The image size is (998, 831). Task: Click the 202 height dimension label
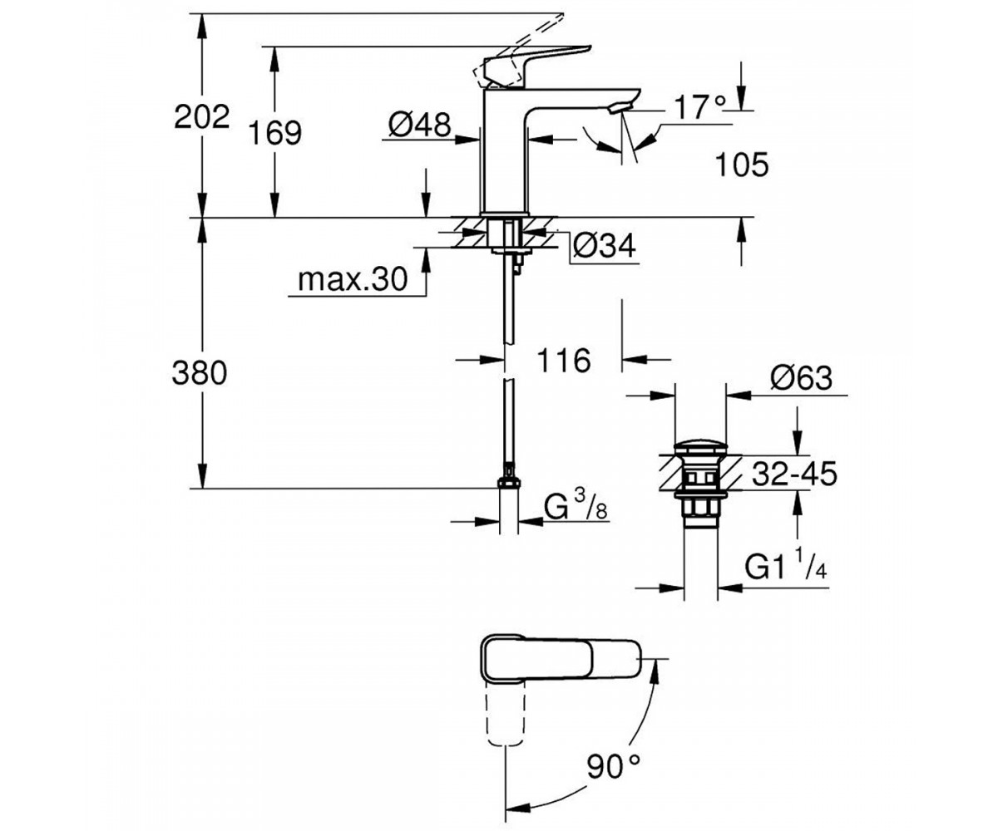pyautogui.click(x=202, y=117)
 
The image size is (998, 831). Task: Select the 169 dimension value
pyautogui.click(x=275, y=133)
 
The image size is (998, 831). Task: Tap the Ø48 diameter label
pyautogui.click(x=420, y=125)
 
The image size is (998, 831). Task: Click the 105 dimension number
pyautogui.click(x=742, y=165)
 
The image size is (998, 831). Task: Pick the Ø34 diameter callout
pyautogui.click(x=605, y=247)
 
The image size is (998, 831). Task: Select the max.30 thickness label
pyautogui.click(x=353, y=279)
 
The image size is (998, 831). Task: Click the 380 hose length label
pyautogui.click(x=200, y=373)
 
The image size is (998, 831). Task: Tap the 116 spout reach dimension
pyautogui.click(x=564, y=361)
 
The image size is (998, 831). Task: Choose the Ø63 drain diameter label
pyautogui.click(x=801, y=378)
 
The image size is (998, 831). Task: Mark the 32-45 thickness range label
pyautogui.click(x=795, y=474)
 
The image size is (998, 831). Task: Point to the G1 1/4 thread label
pyautogui.click(x=786, y=565)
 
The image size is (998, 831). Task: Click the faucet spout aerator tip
pyautogui.click(x=620, y=107)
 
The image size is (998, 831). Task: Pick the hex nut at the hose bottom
pyautogui.click(x=509, y=484)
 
